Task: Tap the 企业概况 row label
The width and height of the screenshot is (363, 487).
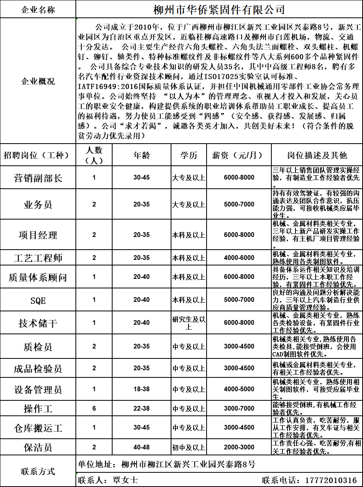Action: pyautogui.click(x=38, y=81)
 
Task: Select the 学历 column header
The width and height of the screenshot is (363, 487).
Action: pyautogui.click(x=188, y=155)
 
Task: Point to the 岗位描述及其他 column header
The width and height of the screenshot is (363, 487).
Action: pyautogui.click(x=316, y=155)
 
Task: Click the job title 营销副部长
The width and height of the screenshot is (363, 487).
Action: pyautogui.click(x=38, y=178)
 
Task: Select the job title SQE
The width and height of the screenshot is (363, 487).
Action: pyautogui.click(x=38, y=300)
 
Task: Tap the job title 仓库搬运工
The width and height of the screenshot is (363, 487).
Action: pyautogui.click(x=38, y=428)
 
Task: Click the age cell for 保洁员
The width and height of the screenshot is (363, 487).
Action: pyautogui.click(x=141, y=447)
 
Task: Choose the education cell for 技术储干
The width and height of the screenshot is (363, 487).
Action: pyautogui.click(x=188, y=323)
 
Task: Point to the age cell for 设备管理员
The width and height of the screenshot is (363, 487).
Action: pyautogui.click(x=141, y=389)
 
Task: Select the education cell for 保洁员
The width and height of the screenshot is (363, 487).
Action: pyautogui.click(x=188, y=447)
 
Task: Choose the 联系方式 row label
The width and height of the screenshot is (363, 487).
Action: pyautogui.click(x=38, y=472)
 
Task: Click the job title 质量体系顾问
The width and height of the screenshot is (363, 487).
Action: pyautogui.click(x=38, y=277)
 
